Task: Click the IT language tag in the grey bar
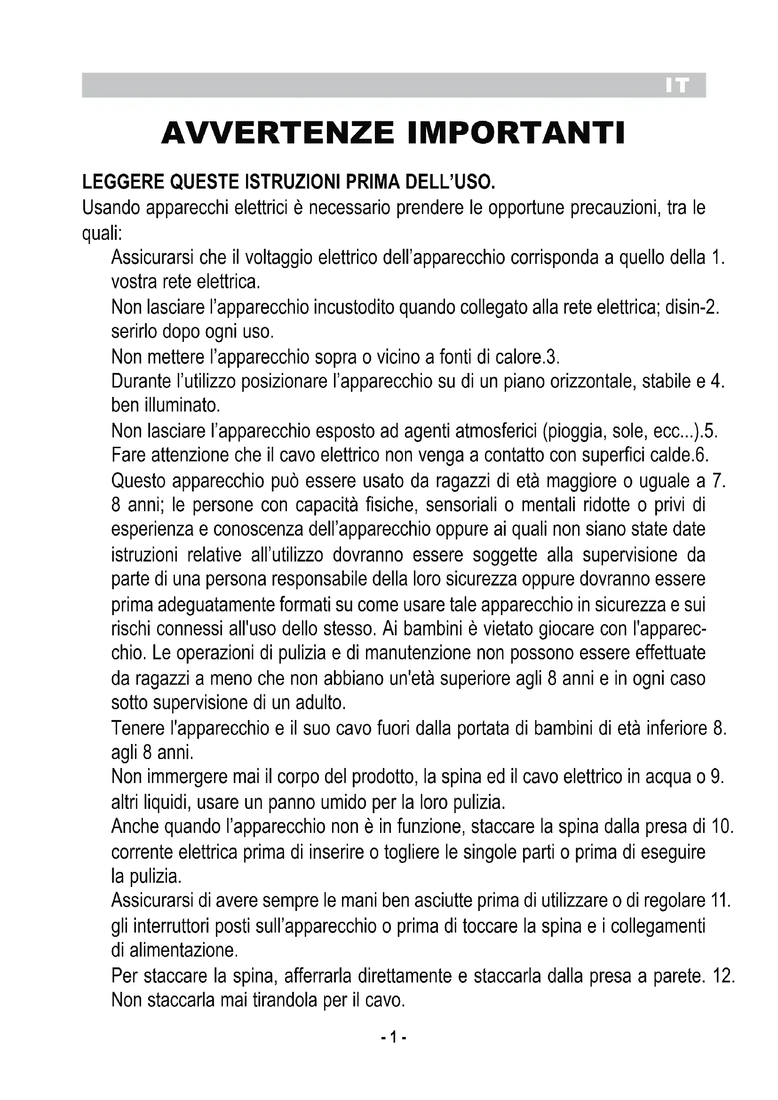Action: coord(677,86)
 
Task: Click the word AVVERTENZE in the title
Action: coord(278,133)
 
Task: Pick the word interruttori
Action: coord(171,926)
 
